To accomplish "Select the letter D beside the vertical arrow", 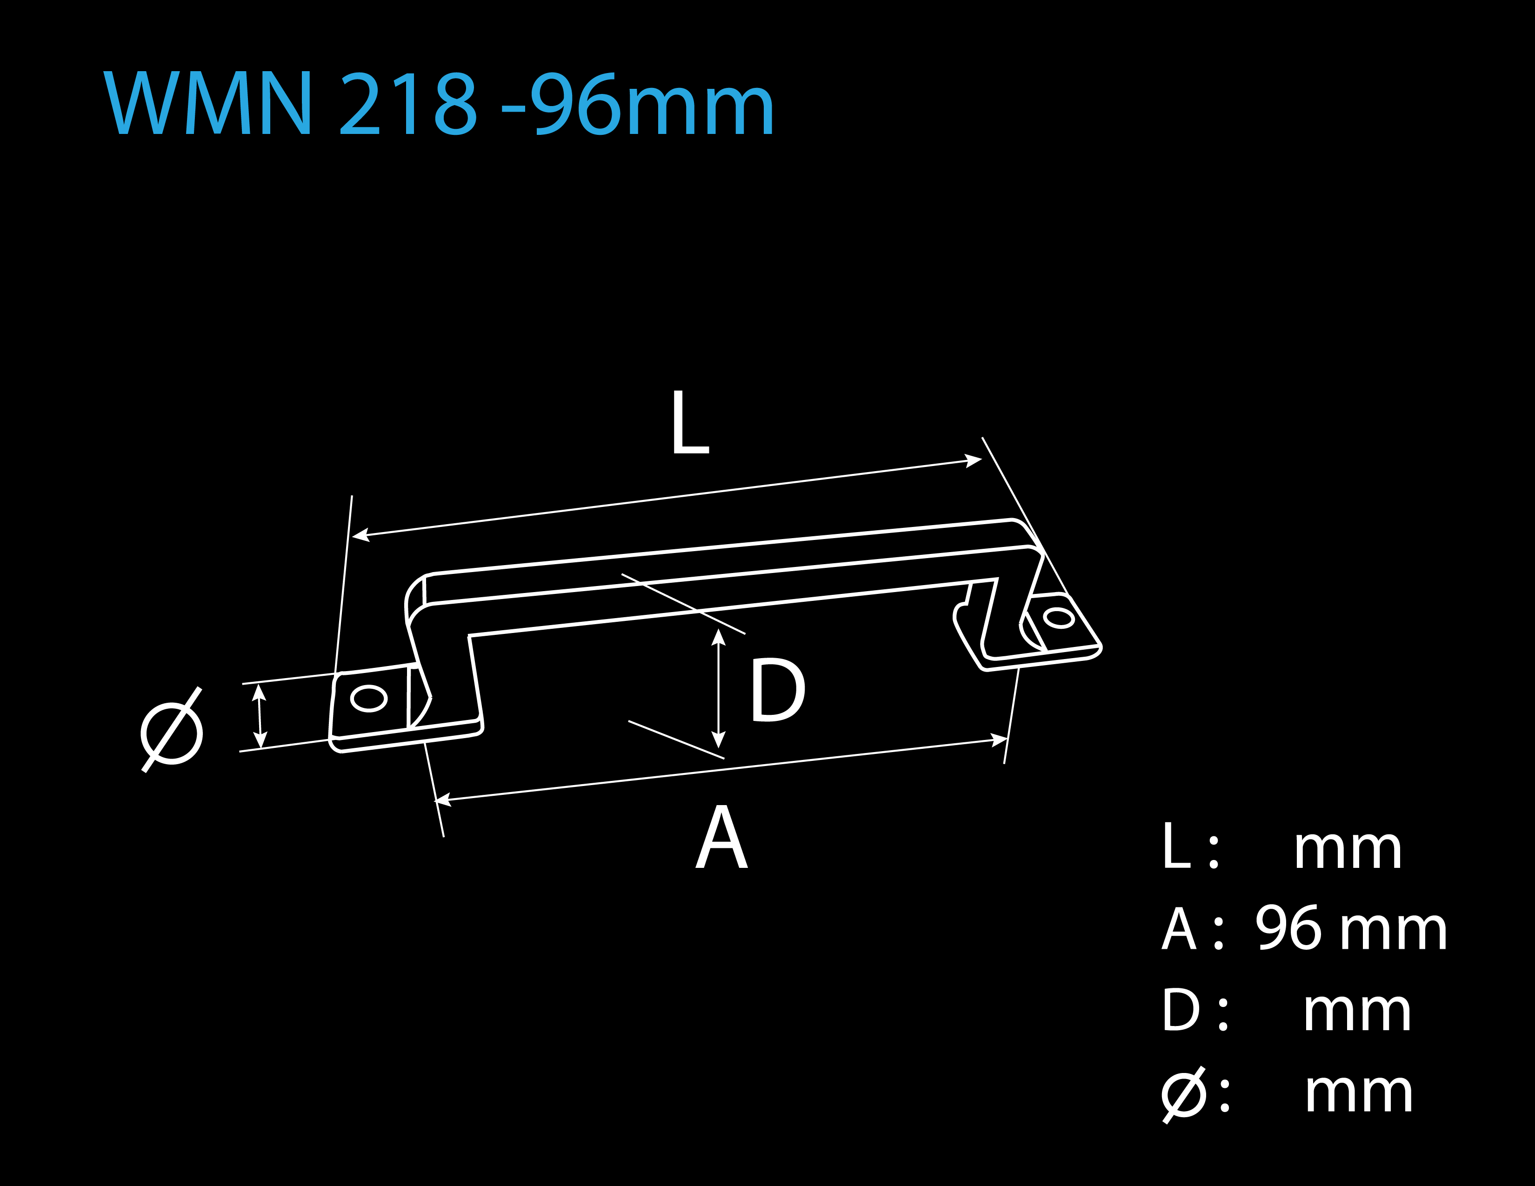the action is click(778, 689).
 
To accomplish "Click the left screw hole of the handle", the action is click(368, 699).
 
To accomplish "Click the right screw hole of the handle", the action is click(1059, 618).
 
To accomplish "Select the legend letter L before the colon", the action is click(1176, 846).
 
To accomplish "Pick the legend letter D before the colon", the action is click(1181, 1010).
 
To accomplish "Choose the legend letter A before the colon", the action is click(1179, 928).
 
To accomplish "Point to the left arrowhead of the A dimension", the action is click(443, 800).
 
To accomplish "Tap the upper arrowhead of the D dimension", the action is click(718, 637).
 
